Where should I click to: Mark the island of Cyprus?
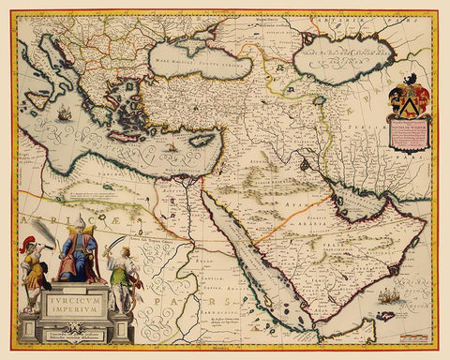coord(201,141)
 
